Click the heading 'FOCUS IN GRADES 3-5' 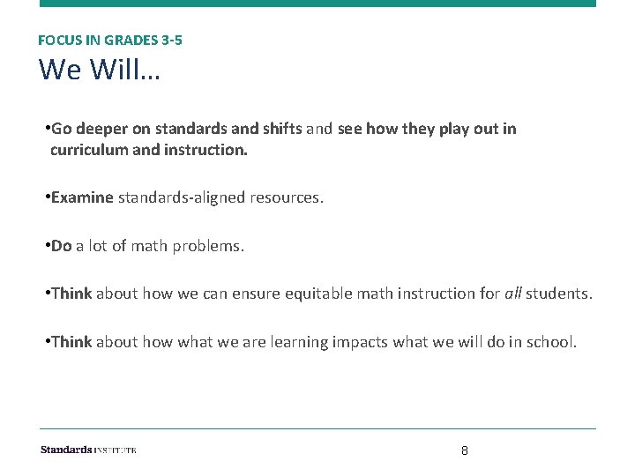tap(110, 40)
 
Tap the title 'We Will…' tap(100, 69)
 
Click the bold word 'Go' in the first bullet tap(61, 129)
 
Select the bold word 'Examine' tap(82, 197)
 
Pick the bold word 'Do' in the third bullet tap(61, 246)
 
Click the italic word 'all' tap(512, 294)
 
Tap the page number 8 tap(465, 450)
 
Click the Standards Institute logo tap(88, 450)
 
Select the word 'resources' tap(289, 197)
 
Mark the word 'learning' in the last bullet tap(303, 342)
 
